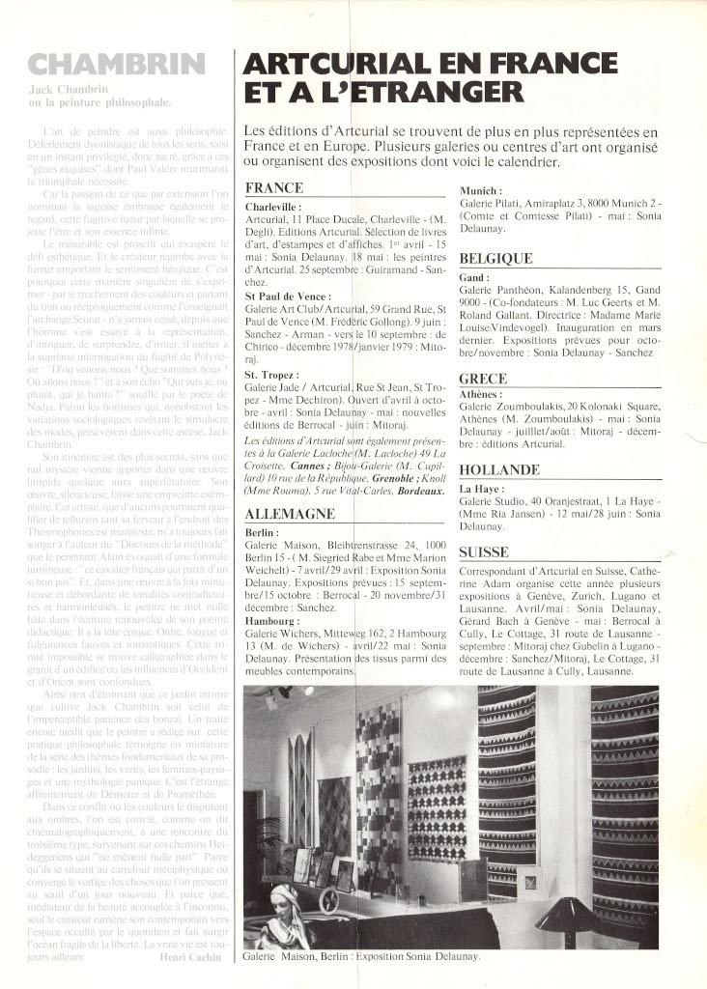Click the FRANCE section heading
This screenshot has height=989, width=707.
pos(274,187)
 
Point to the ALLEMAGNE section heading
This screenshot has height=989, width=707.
pos(291,514)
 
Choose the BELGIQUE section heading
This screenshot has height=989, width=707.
pos(495,259)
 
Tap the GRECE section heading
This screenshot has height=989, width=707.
pos(482,379)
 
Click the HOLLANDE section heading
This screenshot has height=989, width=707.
pos(498,470)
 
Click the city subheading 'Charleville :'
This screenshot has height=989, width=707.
pos(273,207)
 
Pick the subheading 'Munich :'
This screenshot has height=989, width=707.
pos(481,191)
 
